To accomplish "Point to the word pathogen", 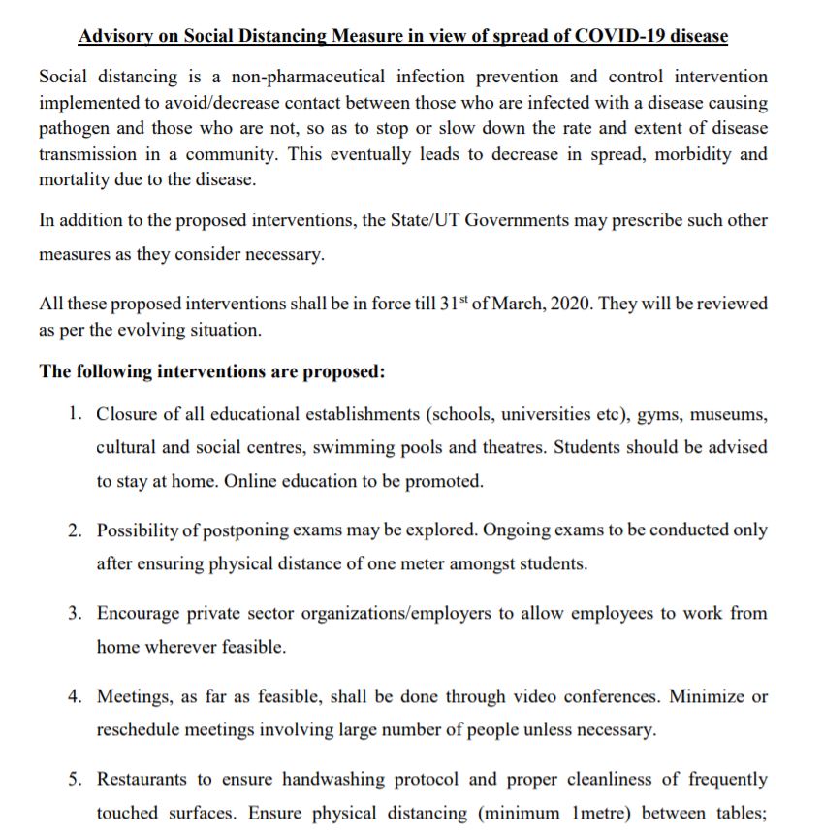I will coord(74,128).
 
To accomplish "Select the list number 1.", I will coord(75,413).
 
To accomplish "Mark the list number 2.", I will coord(75,530).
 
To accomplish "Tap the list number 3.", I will coord(75,614).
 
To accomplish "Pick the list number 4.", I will coord(75,696).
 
